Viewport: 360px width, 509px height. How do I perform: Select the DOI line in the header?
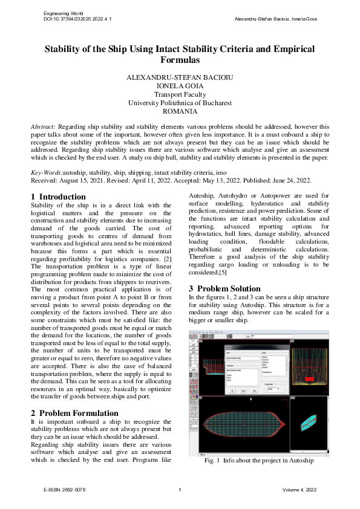point(77,19)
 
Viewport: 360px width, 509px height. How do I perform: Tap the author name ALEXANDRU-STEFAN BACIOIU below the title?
point(180,78)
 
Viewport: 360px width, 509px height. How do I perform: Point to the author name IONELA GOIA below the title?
point(180,86)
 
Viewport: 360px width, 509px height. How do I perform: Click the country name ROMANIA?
point(180,111)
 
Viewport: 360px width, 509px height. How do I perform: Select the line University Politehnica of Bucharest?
point(180,103)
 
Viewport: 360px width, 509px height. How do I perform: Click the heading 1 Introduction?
point(58,196)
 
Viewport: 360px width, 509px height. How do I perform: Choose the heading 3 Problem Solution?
point(224,288)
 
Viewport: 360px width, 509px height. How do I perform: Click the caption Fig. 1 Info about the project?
point(259,460)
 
